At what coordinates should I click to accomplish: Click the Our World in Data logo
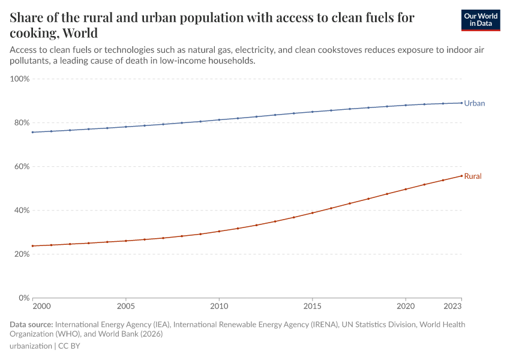pyautogui.click(x=480, y=20)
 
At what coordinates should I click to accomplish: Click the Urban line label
pyautogui.click(x=474, y=103)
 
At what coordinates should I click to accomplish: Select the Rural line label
pyautogui.click(x=473, y=176)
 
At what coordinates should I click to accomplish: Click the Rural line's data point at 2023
pyautogui.click(x=461, y=176)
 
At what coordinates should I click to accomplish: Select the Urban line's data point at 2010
pyautogui.click(x=219, y=120)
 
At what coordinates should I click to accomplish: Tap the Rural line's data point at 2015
pyautogui.click(x=312, y=213)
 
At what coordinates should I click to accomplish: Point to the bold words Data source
pyautogui.click(x=31, y=325)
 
